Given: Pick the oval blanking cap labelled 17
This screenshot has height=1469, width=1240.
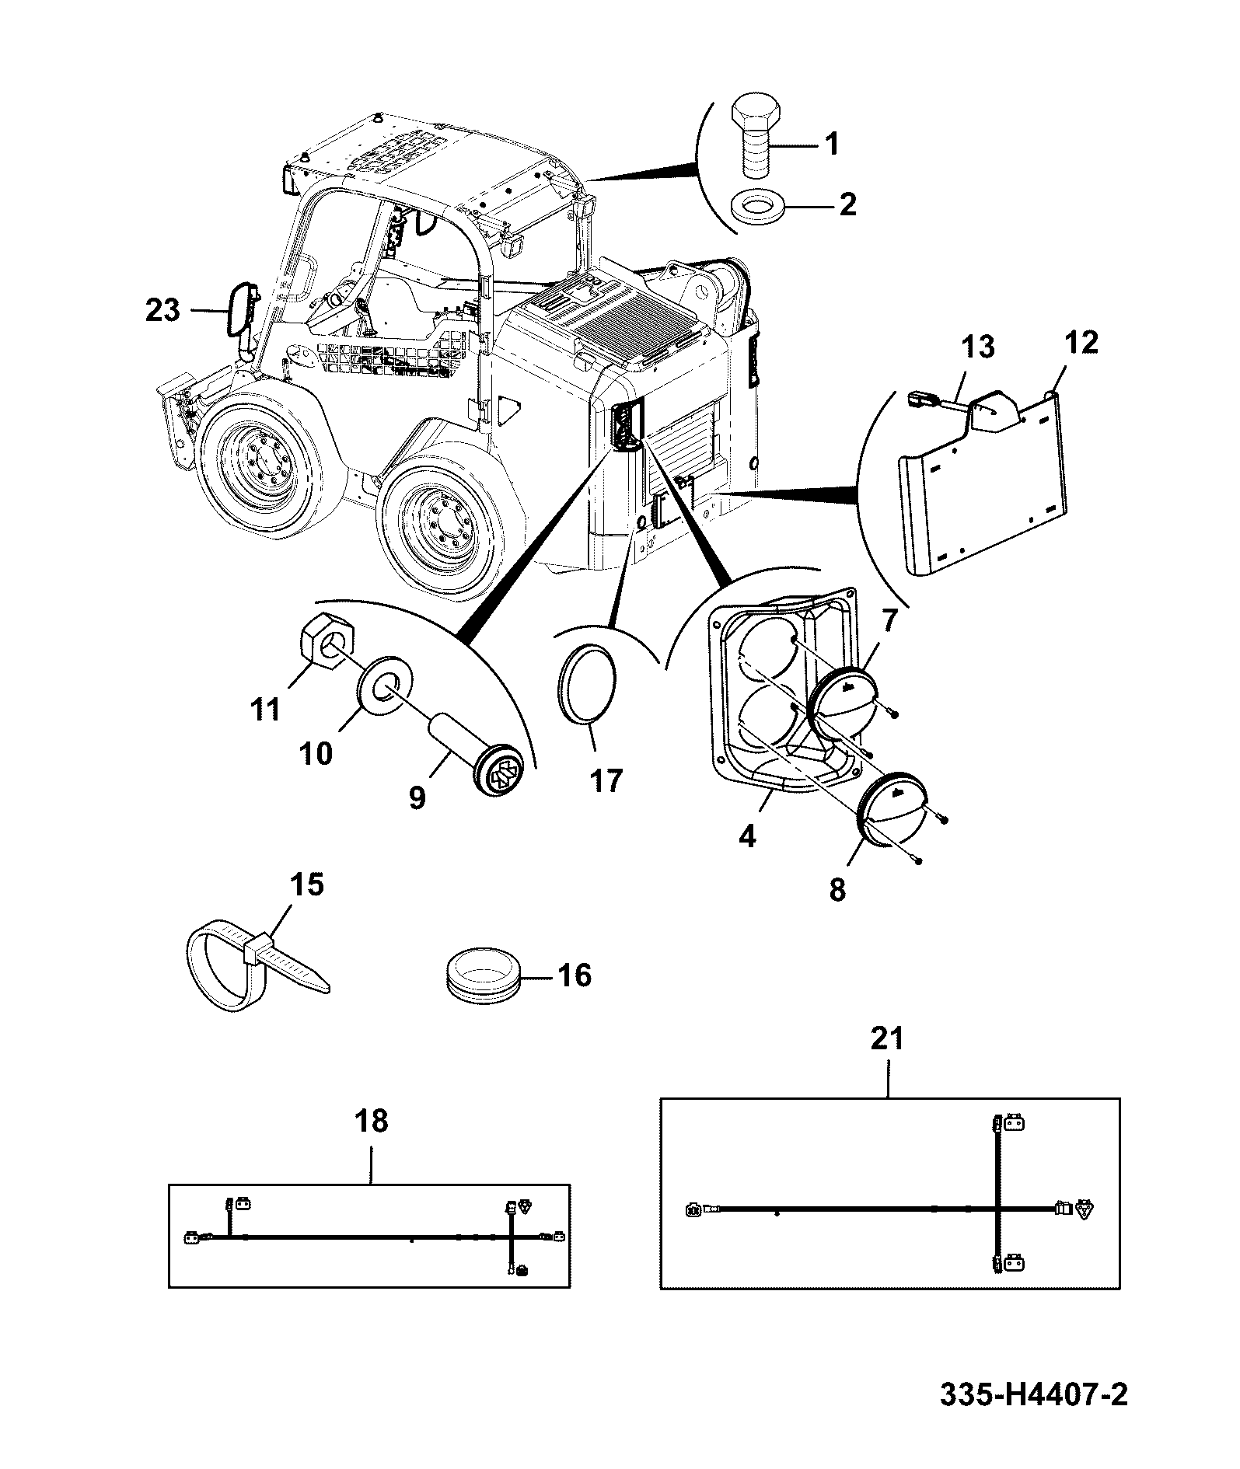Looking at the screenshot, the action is [x=587, y=682].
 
